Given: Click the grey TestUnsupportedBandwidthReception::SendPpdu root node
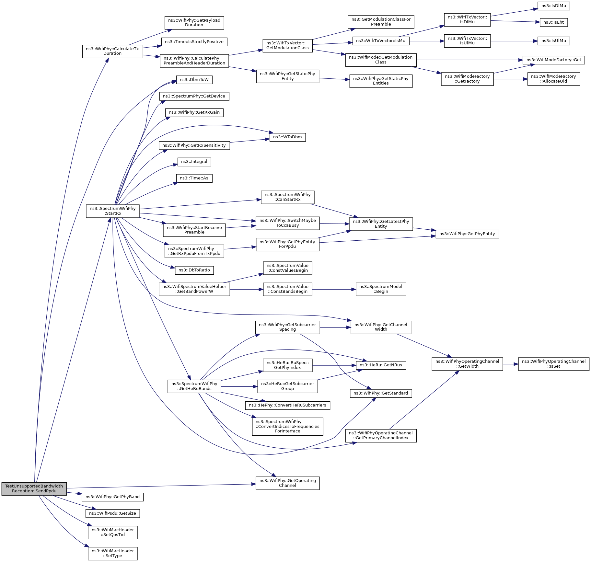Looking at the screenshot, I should (34, 488).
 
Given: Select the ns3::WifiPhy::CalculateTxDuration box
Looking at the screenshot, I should (112, 51).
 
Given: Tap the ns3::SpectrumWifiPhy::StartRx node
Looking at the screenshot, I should (112, 211).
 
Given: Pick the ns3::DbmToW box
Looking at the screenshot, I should (194, 80).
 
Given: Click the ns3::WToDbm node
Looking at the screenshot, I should (287, 137).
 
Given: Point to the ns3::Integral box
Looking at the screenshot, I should (194, 162).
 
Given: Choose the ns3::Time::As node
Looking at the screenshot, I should (194, 178).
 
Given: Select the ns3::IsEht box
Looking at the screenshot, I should (553, 22).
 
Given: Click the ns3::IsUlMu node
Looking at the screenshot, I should (553, 41).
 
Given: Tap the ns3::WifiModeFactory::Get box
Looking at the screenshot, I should (553, 60).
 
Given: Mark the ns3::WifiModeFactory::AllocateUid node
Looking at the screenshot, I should (553, 79).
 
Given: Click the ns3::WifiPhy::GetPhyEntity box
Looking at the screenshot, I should (467, 234).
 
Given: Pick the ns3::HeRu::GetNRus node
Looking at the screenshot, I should (381, 365).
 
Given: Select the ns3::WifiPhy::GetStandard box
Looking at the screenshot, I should (381, 393).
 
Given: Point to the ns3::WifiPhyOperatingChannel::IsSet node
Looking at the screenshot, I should (553, 364).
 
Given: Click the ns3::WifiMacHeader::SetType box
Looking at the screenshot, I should (112, 553).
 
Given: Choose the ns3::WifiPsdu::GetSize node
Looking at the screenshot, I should (112, 513).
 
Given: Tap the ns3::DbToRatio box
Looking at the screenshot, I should (194, 270).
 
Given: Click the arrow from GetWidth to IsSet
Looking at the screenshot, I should (510, 364).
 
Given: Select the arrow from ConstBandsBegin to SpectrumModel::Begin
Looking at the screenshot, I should (334, 289).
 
